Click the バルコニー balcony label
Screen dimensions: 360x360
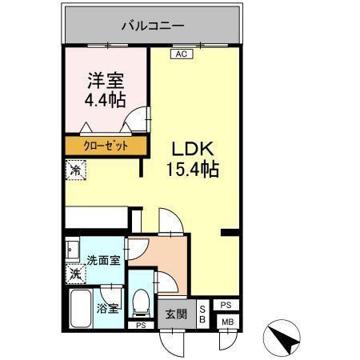(x=153, y=25)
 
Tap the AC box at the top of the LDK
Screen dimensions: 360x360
(x=180, y=54)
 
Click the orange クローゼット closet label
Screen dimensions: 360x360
(x=106, y=146)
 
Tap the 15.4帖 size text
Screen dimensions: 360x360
(x=193, y=170)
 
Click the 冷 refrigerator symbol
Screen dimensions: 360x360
(x=74, y=170)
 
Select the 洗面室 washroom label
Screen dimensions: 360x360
(x=103, y=260)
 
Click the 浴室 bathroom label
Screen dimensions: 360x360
(x=107, y=306)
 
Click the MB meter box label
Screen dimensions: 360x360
(x=226, y=322)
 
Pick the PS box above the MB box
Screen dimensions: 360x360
(x=226, y=305)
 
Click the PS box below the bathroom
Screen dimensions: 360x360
(x=141, y=326)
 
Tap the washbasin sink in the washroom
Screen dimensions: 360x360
(x=72, y=249)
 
